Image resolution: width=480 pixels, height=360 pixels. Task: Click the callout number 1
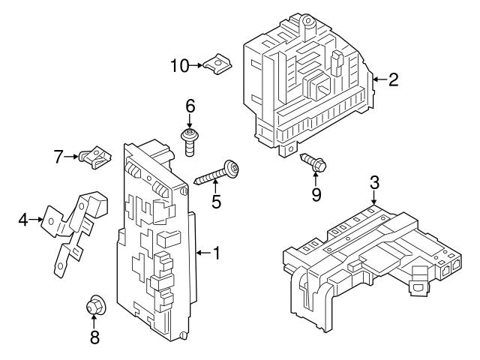(216, 253)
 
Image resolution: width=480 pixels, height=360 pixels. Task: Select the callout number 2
(393, 78)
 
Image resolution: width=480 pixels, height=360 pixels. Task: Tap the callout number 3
(374, 182)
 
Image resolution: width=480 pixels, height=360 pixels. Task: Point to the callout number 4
(23, 220)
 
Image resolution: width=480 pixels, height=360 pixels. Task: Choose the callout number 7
(58, 157)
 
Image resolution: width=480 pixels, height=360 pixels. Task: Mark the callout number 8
(94, 337)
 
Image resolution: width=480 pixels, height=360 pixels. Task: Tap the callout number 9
(315, 195)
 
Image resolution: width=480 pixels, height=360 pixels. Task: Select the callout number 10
(179, 66)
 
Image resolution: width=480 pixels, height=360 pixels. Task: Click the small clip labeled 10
(218, 65)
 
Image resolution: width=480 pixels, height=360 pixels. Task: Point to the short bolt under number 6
(190, 142)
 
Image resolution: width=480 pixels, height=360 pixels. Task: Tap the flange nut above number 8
(94, 305)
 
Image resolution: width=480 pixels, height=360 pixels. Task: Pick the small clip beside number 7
(94, 156)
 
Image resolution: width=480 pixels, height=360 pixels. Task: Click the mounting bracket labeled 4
(75, 225)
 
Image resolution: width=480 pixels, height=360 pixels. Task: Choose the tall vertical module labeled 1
(154, 240)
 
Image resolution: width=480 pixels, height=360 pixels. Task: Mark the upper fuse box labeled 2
(307, 86)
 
